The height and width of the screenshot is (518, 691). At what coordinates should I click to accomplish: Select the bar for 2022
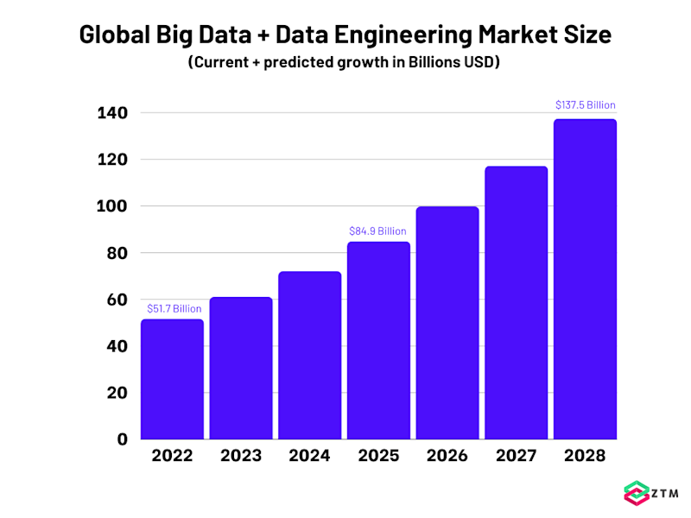pos(172,379)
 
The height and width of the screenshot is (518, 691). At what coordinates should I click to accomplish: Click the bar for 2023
pos(241,368)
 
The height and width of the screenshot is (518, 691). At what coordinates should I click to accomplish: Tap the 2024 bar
pos(309,355)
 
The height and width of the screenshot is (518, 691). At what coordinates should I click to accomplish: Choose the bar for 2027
pos(516,302)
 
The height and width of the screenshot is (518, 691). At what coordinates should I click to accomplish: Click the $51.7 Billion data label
pos(174,308)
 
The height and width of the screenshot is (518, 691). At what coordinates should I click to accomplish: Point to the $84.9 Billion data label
pos(377,231)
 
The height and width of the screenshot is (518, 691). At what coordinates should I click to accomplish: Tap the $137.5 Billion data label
pos(585,105)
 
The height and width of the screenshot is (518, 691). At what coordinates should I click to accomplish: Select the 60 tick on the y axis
pos(117,300)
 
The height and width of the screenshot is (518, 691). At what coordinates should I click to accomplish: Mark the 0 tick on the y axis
pos(124,439)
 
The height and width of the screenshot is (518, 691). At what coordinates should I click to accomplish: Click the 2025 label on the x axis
pos(378,456)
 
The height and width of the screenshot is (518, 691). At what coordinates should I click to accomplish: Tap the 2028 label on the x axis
pos(585,456)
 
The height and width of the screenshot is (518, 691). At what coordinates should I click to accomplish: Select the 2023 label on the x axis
pos(241,456)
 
